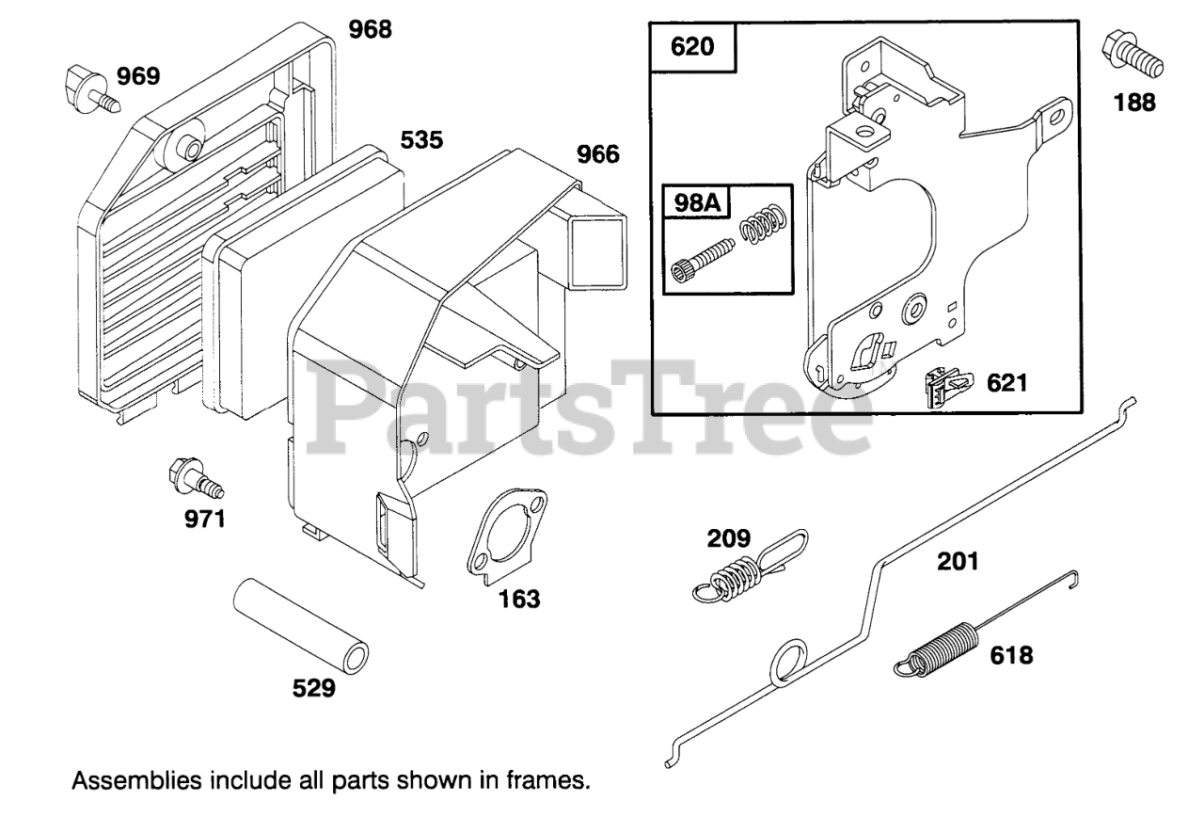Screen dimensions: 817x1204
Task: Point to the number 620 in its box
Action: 692,48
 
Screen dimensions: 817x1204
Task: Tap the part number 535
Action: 421,140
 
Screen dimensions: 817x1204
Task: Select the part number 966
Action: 598,153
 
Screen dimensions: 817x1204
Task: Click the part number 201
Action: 958,563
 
